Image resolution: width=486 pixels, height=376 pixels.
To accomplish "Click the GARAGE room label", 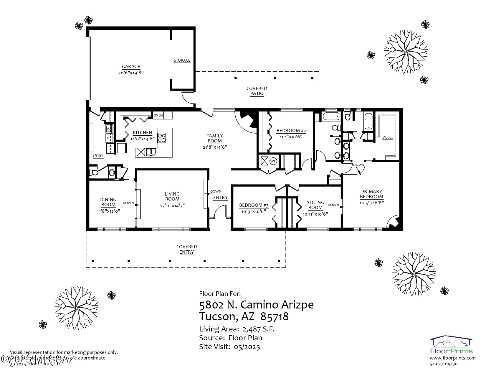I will coord(131,67).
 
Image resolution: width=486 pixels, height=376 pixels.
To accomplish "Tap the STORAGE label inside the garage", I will coord(182,60).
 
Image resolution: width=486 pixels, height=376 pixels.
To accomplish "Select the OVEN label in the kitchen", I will coord(158,115).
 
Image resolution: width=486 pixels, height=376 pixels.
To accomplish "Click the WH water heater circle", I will coord(273,161).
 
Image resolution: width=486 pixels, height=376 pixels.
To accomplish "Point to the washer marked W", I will coord(109,129).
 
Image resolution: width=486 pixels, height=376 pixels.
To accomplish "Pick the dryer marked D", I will coord(108,138).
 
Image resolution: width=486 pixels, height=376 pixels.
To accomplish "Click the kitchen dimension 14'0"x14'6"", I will coord(143,139).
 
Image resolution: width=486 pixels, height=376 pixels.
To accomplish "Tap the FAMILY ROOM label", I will coord(214,138).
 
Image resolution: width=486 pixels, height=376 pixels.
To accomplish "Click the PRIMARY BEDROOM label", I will coord(371,194).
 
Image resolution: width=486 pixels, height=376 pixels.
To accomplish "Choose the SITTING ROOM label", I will coord(315,205).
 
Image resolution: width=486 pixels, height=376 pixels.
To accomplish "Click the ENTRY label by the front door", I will coord(220,198).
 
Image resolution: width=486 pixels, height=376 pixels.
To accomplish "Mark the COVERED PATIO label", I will coord(257,91).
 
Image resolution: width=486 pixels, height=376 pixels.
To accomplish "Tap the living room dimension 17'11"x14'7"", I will coord(172,206).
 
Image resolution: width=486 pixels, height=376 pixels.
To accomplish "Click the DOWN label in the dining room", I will coord(128,203).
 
